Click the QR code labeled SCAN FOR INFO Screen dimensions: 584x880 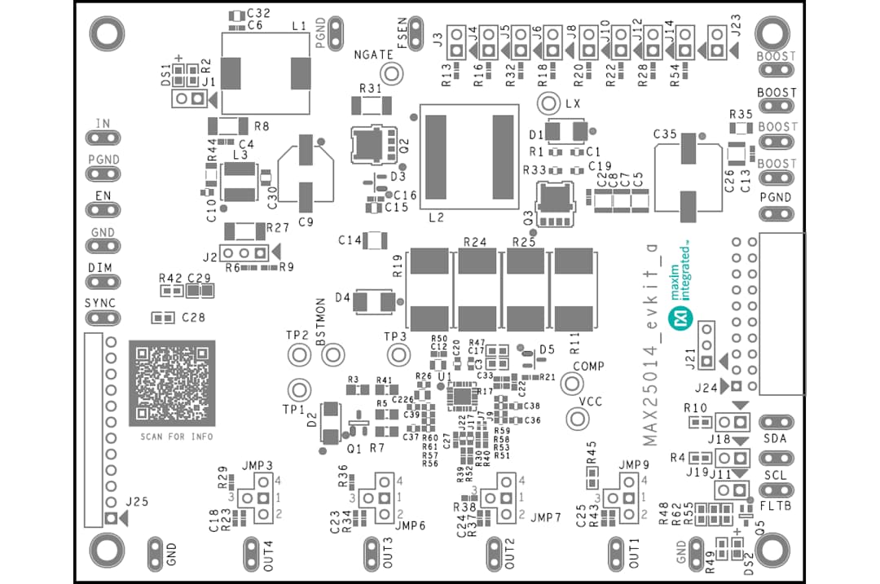(172, 383)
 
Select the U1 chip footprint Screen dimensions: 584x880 (462, 395)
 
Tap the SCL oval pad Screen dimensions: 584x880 (775, 490)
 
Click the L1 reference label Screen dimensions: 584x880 (298, 27)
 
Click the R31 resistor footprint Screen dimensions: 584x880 (370, 104)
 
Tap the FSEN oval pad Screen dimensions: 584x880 (414, 30)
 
